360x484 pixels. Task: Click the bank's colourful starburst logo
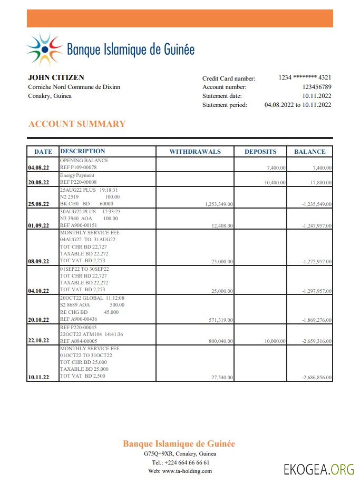[44, 50]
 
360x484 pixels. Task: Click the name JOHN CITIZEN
[56, 77]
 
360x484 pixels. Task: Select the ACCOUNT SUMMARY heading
[77, 124]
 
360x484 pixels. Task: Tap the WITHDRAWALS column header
[195, 152]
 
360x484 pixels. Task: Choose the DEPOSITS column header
[260, 152]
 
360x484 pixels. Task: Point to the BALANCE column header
[309, 152]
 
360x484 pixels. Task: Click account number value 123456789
[317, 87]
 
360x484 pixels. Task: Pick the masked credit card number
[305, 77]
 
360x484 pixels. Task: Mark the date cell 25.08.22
[38, 204]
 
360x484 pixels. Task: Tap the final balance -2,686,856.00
[317, 378]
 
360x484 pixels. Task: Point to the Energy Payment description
[77, 175]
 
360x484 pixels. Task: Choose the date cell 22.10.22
[38, 340]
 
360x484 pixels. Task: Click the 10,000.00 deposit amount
[275, 341]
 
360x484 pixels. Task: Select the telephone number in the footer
[187, 462]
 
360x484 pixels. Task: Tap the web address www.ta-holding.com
[187, 471]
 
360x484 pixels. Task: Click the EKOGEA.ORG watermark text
[318, 468]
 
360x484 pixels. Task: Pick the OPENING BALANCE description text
[84, 160]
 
